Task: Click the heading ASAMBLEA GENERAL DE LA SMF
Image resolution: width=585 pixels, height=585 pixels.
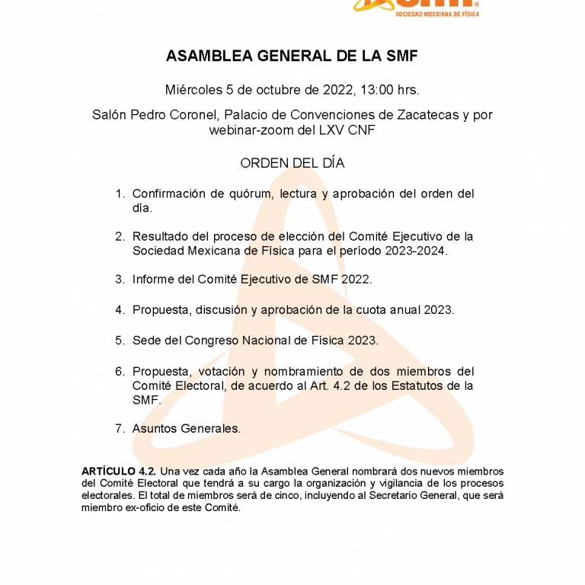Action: [292, 57]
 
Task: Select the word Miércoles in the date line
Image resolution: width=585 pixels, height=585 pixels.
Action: [193, 90]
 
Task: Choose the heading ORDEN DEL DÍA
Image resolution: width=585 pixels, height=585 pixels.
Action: [292, 163]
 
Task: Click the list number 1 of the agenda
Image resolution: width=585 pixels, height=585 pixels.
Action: [119, 193]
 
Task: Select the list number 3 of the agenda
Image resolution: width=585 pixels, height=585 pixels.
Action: [119, 280]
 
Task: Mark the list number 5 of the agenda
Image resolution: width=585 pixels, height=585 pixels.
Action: [119, 340]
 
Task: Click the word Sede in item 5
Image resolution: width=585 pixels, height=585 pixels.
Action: [145, 340]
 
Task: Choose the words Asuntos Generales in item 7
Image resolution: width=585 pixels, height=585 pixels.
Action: [187, 429]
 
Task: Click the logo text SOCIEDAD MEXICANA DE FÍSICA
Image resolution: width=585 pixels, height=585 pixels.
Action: [437, 14]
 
